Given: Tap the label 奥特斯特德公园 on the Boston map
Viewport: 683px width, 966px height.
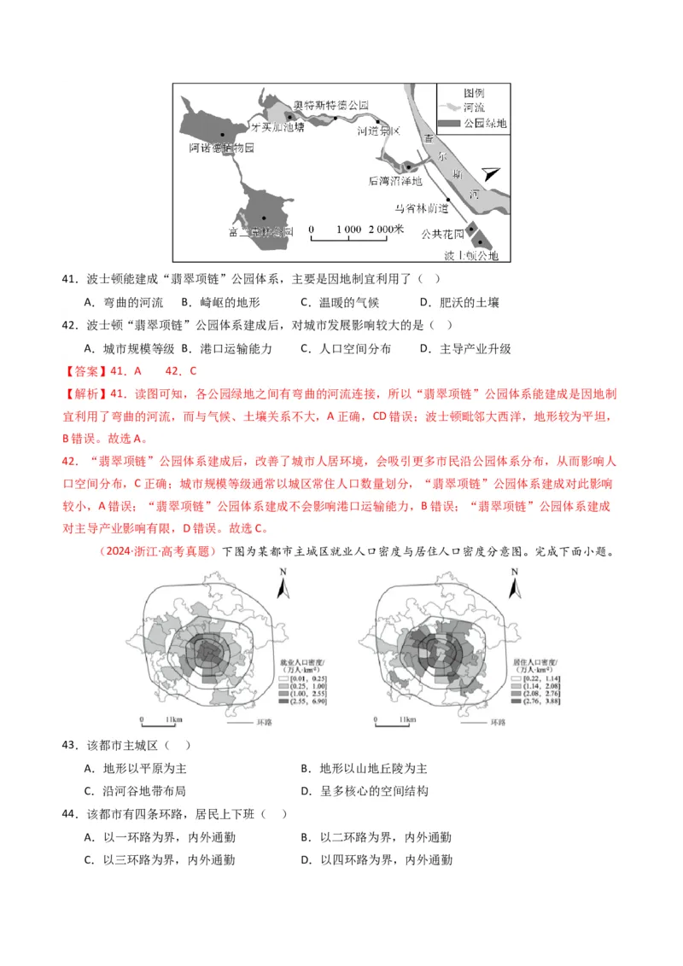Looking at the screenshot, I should [x=330, y=105].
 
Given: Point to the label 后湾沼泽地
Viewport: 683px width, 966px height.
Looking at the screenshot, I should [x=394, y=181].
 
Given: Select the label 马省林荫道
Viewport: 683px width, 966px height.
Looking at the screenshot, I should [x=421, y=207].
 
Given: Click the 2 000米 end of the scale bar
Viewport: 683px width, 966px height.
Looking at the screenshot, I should [x=386, y=230].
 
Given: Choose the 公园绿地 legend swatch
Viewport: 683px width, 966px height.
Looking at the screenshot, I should [x=451, y=124].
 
